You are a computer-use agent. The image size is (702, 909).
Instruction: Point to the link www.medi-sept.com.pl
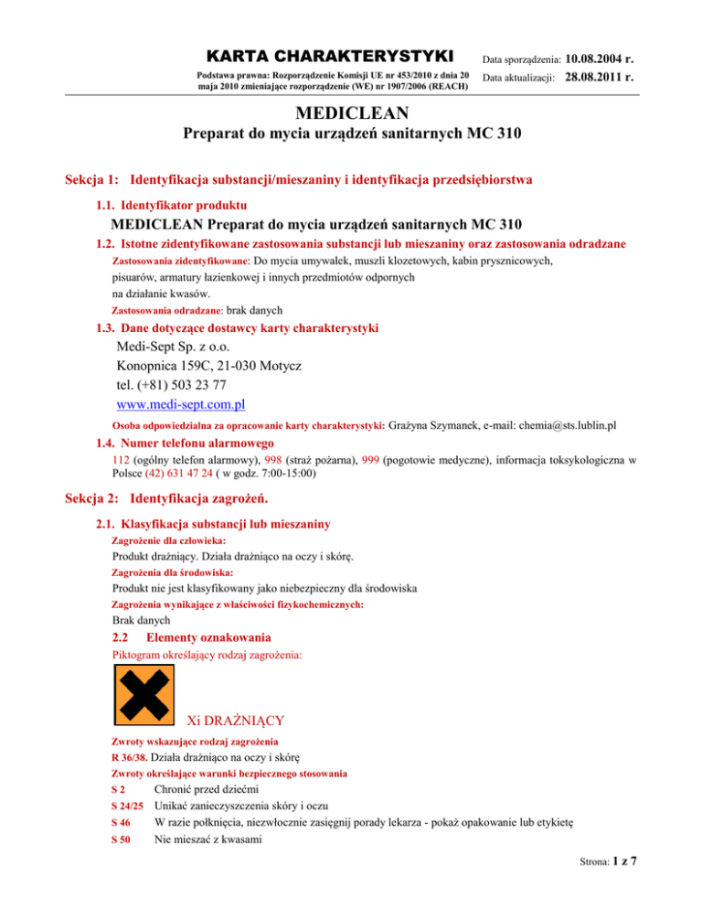(181, 402)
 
